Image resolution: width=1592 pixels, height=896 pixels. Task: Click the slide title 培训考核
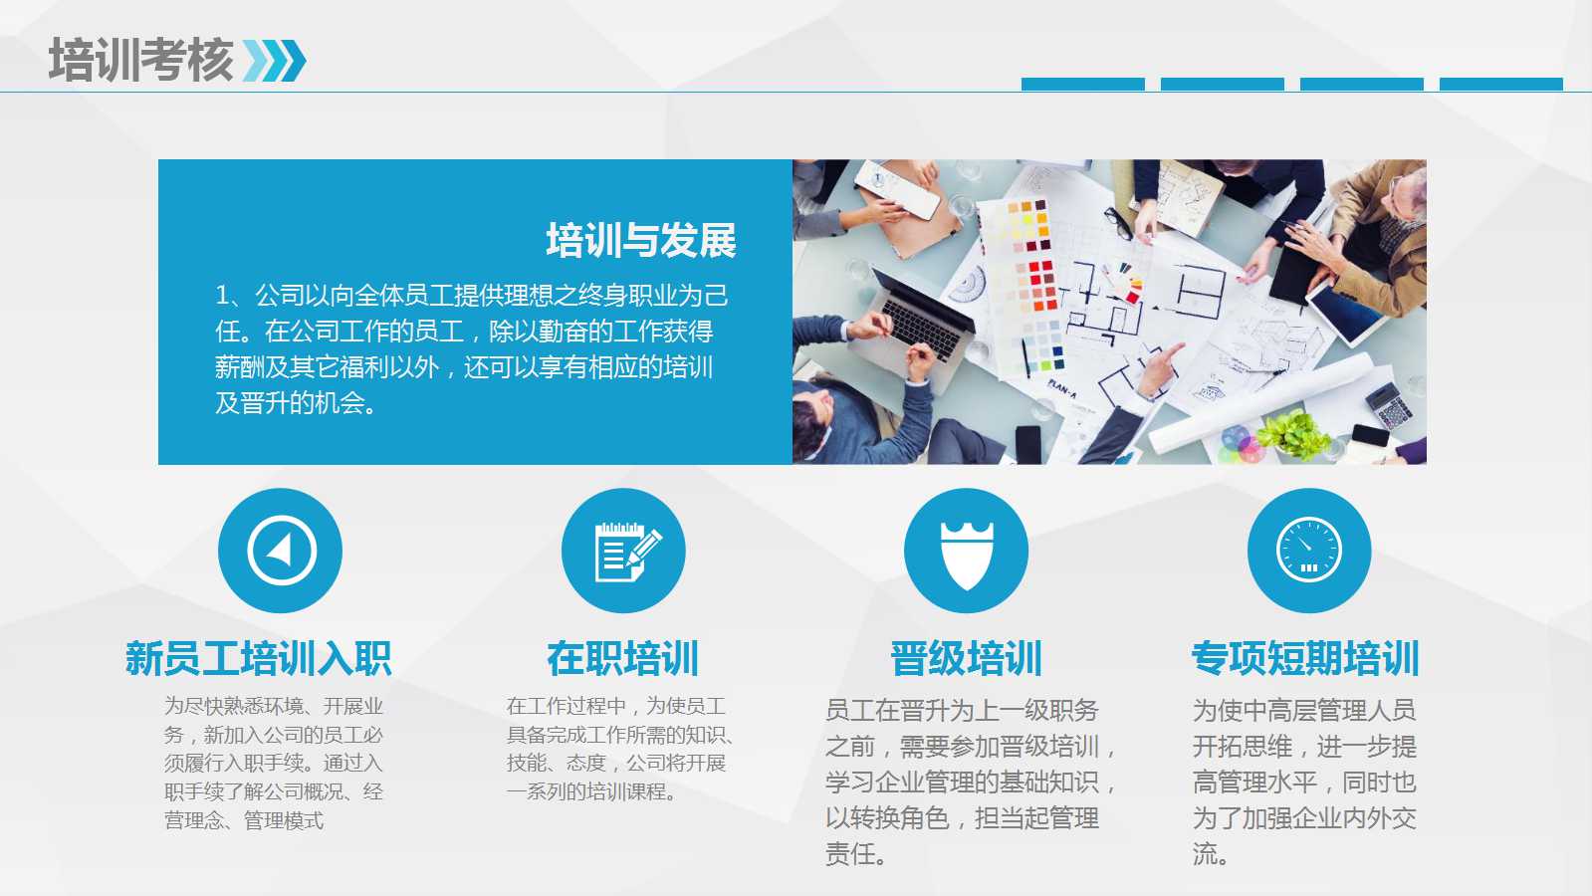[x=140, y=60]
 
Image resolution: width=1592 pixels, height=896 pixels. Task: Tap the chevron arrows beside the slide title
[x=275, y=61]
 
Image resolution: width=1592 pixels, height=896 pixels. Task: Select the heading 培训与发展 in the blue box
[x=640, y=241]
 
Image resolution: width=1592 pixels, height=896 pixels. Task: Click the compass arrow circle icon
[x=281, y=551]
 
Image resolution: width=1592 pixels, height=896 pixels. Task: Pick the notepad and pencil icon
[x=624, y=551]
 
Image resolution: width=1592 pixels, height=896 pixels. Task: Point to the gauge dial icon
[x=1308, y=551]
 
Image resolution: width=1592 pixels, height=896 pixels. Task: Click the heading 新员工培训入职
[x=258, y=659]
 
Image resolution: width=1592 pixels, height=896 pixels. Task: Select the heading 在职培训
[x=623, y=659]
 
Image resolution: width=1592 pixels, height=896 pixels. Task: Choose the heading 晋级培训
[x=966, y=659]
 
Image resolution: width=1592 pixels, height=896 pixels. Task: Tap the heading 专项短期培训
[x=1305, y=659]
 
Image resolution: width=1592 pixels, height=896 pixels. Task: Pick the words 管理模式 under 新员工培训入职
[x=284, y=821]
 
